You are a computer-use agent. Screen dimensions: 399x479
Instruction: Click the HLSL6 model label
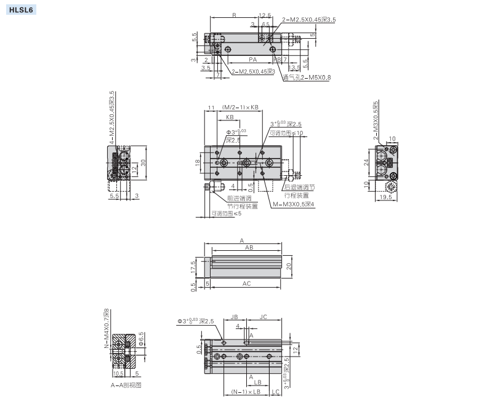[20, 10]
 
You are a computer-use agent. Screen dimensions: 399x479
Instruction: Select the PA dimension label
[252, 60]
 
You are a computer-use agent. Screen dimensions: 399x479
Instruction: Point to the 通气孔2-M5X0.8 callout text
[307, 77]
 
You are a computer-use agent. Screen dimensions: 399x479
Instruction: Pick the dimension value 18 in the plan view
[197, 162]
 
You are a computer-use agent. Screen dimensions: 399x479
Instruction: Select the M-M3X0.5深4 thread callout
[293, 204]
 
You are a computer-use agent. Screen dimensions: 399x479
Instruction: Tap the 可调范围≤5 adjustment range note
[226, 214]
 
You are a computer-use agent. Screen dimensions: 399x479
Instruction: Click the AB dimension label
[248, 248]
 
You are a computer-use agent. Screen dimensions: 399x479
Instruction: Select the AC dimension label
[246, 283]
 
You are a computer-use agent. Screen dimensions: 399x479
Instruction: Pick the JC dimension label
[263, 317]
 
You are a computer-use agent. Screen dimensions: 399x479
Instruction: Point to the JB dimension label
[235, 317]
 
